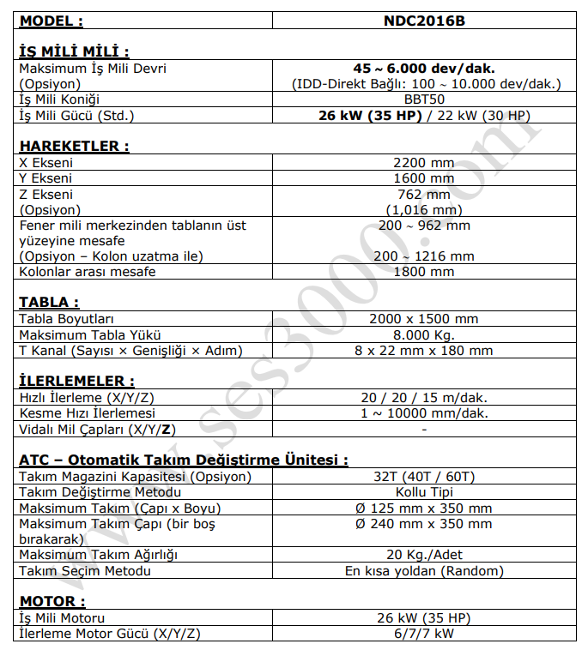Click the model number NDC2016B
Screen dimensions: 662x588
tap(424, 21)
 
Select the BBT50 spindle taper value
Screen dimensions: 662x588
tap(424, 99)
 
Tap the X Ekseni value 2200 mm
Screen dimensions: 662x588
tap(424, 163)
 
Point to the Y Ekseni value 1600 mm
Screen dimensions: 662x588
tap(424, 178)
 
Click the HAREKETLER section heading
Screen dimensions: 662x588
tap(74, 147)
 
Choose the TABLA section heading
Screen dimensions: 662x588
tap(49, 302)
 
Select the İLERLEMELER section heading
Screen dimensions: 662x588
tap(76, 380)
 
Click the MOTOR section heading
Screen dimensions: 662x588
tap(52, 601)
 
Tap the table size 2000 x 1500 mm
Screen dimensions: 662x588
tap(424, 319)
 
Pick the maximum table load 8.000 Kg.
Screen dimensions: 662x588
tap(424, 334)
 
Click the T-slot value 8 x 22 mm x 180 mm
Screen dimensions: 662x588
tap(424, 350)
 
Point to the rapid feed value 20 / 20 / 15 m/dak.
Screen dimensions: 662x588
tap(424, 397)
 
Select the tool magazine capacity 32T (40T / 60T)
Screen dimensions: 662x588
tap(424, 476)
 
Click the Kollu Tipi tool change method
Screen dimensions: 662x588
tap(424, 491)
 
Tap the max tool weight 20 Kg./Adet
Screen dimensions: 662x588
tap(424, 554)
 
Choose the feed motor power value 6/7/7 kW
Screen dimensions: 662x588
tap(424, 634)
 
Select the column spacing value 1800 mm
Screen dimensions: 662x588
tap(424, 272)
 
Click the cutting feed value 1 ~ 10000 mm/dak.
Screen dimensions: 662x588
tap(424, 412)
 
